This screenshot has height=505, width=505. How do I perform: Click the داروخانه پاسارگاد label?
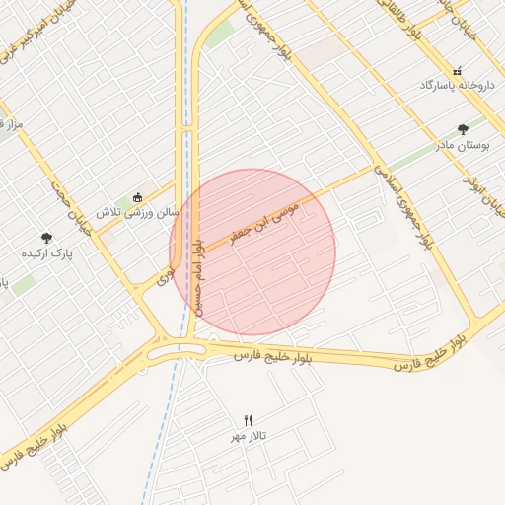(x=455, y=87)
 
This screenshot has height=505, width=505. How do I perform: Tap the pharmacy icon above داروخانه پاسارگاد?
(x=456, y=71)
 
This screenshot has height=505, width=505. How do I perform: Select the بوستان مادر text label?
(x=464, y=145)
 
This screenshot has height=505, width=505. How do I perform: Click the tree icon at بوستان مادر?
(x=464, y=129)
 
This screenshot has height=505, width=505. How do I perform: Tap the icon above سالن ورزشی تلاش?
(x=137, y=196)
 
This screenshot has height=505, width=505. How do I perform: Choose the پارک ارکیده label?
(x=46, y=253)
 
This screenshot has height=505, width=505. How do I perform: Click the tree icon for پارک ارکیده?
(x=46, y=237)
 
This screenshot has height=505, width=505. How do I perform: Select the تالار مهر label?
(x=249, y=435)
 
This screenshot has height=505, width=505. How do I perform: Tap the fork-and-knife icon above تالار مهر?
(x=248, y=420)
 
